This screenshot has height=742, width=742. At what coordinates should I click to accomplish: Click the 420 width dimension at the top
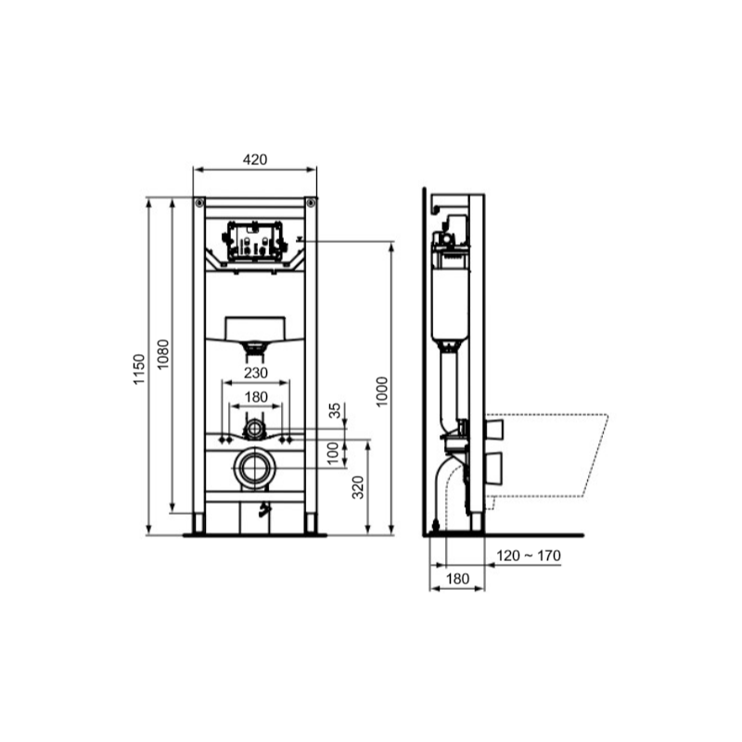tap(255, 160)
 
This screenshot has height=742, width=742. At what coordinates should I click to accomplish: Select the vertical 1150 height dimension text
tap(141, 370)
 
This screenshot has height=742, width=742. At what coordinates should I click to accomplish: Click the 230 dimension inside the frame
tap(255, 373)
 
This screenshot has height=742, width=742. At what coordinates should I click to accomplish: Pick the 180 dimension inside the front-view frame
tap(255, 397)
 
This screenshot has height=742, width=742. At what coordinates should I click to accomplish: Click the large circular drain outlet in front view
tap(255, 469)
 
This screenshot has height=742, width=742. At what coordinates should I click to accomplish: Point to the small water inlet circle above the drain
tap(255, 429)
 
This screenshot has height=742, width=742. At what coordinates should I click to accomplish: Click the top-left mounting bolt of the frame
tap(199, 202)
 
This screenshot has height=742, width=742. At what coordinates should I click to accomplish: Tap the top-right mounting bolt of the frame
tap(311, 202)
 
